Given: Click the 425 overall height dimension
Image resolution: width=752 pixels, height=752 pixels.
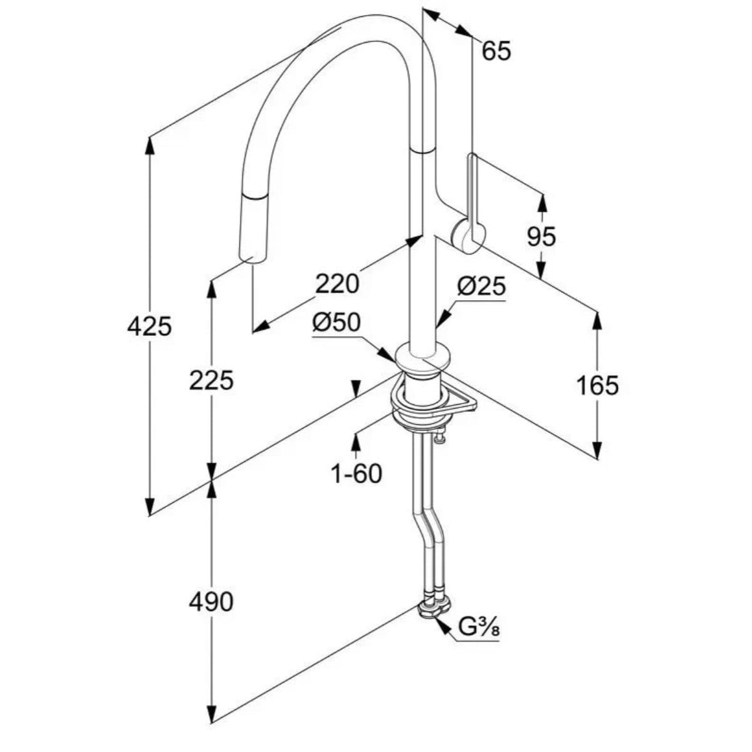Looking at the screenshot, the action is pos(149,326).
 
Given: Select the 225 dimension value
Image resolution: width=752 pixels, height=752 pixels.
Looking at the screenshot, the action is pos(211,380).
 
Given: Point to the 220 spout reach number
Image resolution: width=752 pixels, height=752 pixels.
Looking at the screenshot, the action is pos(337,284).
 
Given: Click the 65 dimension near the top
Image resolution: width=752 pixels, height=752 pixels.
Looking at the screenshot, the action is pos(496,51).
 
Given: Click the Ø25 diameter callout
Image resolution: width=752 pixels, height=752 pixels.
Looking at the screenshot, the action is pos(481,287).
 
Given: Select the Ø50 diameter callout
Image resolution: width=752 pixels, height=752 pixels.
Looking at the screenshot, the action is pos(336,323).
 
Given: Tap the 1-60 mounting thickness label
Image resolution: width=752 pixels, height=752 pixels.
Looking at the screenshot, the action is pos(357,474).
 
